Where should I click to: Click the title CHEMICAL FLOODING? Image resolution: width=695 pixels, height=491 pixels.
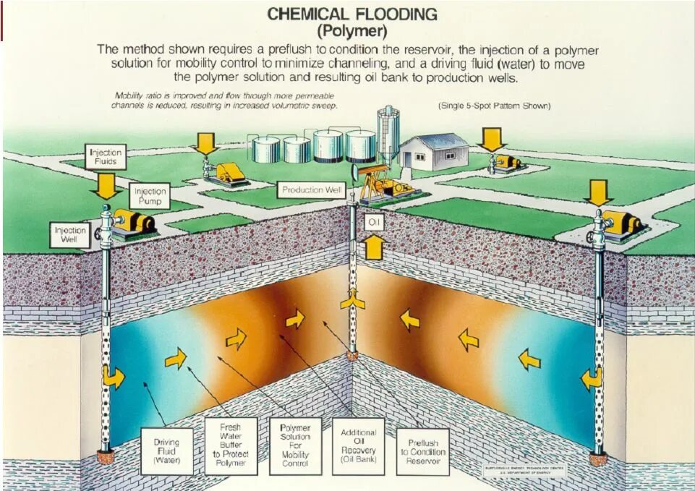[x=352, y=14]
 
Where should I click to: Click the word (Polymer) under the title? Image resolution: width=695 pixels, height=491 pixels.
[x=352, y=31]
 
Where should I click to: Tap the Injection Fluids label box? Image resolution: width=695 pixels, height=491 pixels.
[x=106, y=157]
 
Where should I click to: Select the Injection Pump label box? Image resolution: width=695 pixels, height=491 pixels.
[x=150, y=196]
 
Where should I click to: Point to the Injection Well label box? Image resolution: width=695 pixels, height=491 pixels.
[x=70, y=235]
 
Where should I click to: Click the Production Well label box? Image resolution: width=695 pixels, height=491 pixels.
[x=312, y=190]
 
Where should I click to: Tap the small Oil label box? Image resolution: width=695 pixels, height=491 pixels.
[x=374, y=222]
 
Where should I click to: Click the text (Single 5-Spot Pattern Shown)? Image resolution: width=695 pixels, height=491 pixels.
[x=495, y=106]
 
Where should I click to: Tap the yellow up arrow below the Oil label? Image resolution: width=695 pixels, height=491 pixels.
[x=373, y=247]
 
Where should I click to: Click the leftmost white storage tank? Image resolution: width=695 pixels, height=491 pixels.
[x=265, y=149]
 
